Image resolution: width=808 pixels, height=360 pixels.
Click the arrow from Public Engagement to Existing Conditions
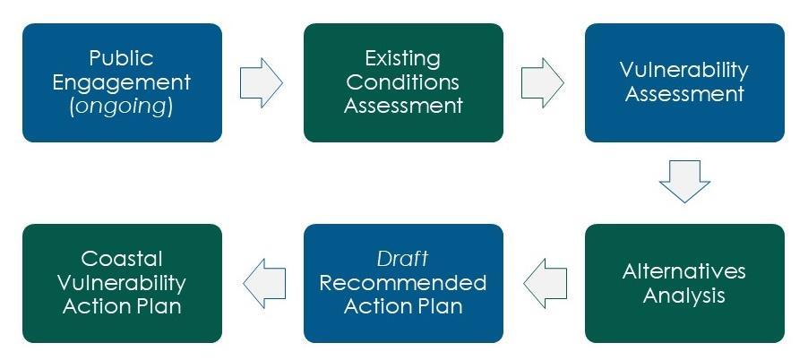[x=262, y=82]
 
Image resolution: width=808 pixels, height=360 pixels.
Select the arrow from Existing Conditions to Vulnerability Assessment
[x=543, y=82]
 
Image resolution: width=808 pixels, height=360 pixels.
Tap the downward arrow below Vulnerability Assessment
[x=684, y=182]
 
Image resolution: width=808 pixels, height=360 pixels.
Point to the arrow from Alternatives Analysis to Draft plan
[x=545, y=283]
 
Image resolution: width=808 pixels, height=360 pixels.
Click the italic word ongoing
[x=122, y=107]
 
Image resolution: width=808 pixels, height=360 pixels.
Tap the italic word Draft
[x=403, y=259]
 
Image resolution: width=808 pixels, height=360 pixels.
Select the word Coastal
[x=122, y=259]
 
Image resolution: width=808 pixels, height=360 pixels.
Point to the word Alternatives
[x=684, y=271]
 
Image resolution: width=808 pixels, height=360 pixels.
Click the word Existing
[x=403, y=59]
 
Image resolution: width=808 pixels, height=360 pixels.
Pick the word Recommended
[x=403, y=283]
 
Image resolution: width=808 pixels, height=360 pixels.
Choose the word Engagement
[x=122, y=82]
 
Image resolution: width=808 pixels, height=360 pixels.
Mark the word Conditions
[x=403, y=82]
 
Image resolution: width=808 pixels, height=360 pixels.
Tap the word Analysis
[x=684, y=295]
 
